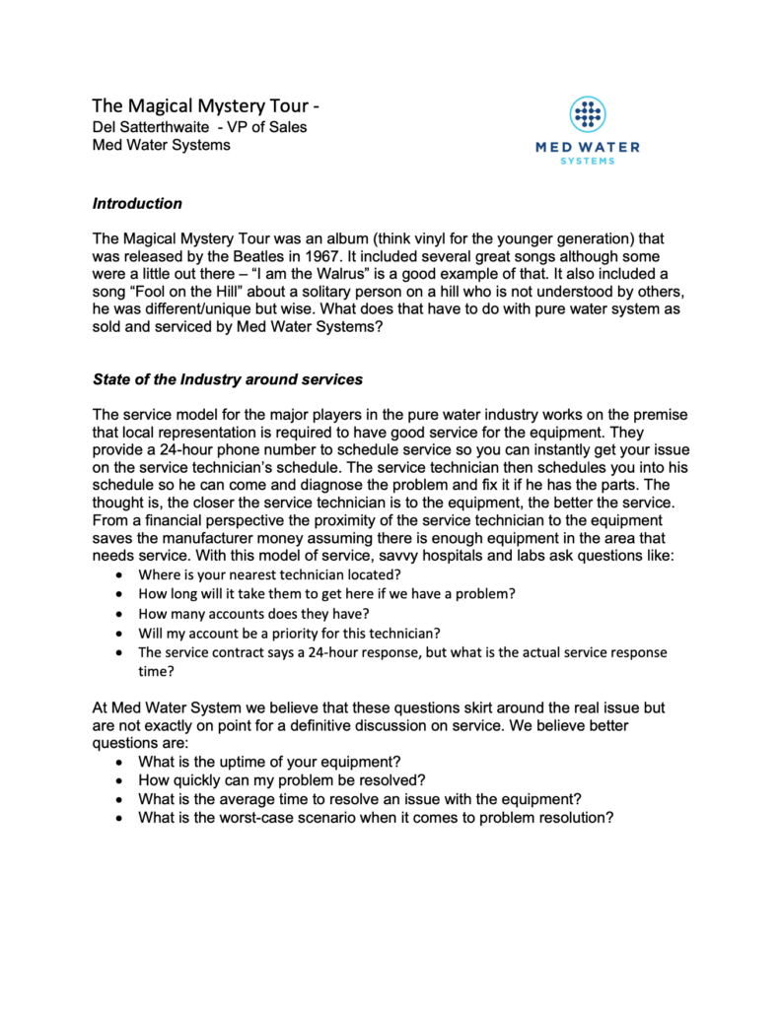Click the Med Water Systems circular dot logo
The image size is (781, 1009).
(588, 115)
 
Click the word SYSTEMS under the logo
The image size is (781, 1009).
(588, 161)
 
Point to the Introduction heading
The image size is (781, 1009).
(137, 204)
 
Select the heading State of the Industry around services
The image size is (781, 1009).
(229, 379)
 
